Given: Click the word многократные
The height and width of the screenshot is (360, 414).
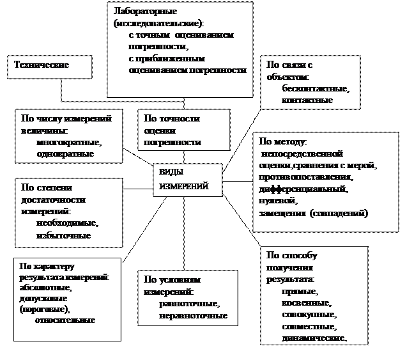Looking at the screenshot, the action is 70,142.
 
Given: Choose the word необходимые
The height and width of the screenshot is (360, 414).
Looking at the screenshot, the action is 67,223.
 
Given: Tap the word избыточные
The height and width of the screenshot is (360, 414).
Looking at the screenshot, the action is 63,235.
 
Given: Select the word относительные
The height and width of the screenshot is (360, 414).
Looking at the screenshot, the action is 65,319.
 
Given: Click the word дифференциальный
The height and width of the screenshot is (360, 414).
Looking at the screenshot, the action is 303,189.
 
